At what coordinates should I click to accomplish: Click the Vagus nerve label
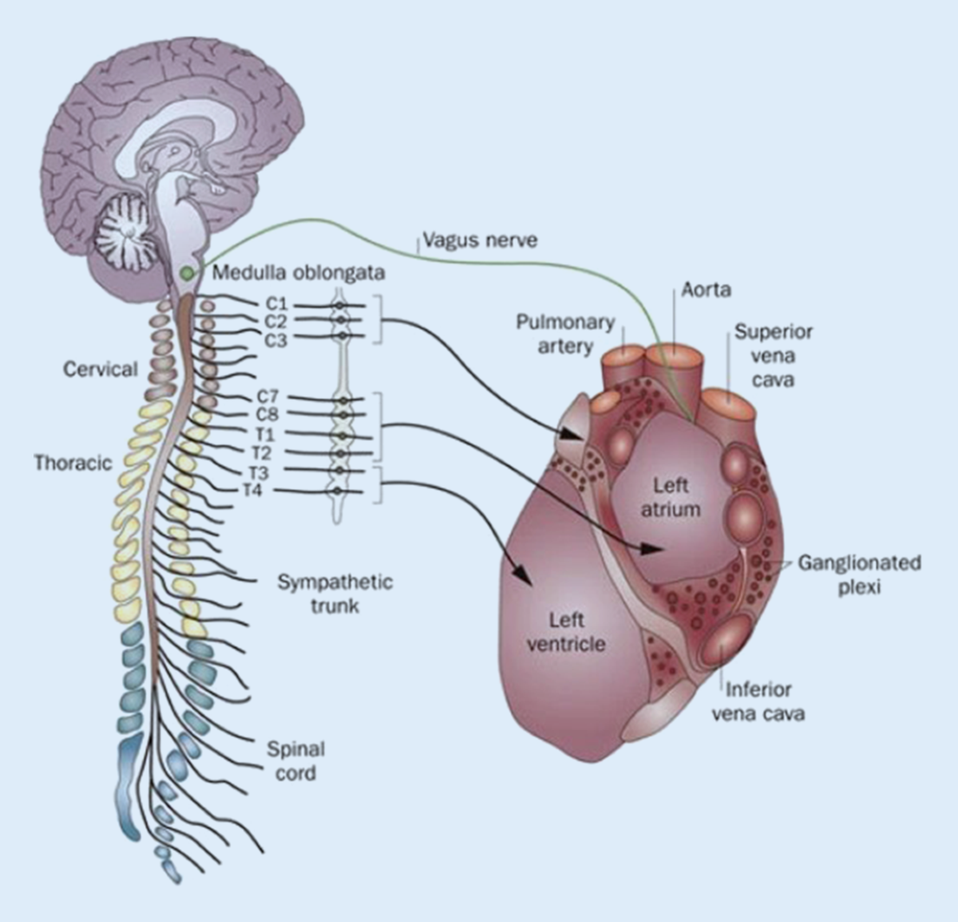[480, 240]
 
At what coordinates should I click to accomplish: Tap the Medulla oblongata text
[299, 272]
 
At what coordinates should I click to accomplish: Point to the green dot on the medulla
[187, 273]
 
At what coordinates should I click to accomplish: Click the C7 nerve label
[267, 396]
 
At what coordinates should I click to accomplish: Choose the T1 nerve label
[265, 435]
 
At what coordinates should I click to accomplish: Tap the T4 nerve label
[252, 490]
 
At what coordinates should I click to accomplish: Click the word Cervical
[101, 369]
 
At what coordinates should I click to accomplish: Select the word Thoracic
[73, 463]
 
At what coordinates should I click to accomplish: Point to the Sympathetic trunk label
[335, 593]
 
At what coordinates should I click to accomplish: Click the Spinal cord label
[295, 761]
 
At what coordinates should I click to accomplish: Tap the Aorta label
[707, 288]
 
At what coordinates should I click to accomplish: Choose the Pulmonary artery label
[564, 334]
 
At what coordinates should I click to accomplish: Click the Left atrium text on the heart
[671, 497]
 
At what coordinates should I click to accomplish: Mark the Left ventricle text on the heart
[566, 631]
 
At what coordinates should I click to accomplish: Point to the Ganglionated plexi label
[860, 574]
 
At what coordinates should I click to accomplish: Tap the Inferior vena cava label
[758, 701]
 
